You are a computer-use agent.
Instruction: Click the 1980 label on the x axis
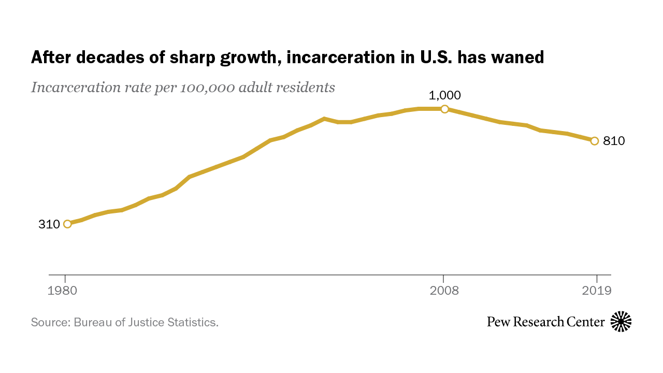[62, 291]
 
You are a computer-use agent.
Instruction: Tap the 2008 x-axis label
[444, 291]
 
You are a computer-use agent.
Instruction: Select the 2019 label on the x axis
[597, 291]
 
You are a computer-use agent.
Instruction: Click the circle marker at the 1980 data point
[67, 224]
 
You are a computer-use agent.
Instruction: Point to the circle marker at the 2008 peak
[444, 109]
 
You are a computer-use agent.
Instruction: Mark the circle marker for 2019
[595, 141]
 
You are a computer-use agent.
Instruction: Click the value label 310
[49, 224]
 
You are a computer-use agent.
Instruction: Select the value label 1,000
[444, 95]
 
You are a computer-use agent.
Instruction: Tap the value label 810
[614, 141]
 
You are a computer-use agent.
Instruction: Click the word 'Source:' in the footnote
[50, 322]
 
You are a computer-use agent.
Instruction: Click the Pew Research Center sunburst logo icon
[621, 322]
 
